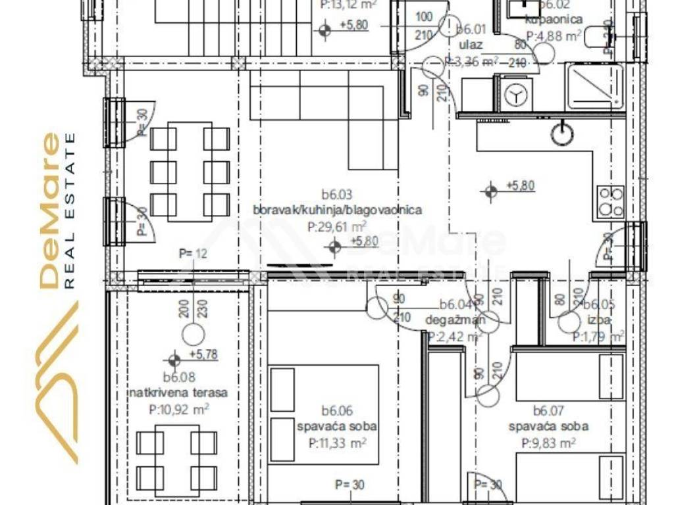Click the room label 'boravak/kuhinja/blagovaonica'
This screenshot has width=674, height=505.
pos(337,210)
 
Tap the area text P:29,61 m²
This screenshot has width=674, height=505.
pos(337,227)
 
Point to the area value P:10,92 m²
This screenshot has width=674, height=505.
pos(179,409)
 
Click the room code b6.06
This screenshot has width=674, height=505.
pos(337,412)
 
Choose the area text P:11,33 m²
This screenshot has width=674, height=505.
pos(337,443)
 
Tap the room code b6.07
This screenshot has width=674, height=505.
pos(548,412)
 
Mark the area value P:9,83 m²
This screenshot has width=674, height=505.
pos(548,443)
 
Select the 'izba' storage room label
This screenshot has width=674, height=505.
pos(599,321)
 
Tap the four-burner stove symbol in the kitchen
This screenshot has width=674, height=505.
pos(610,202)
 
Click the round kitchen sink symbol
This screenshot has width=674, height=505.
pos(561,133)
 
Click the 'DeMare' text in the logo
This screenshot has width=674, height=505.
pos(49,210)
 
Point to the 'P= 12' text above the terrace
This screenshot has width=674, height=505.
pos(193,253)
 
